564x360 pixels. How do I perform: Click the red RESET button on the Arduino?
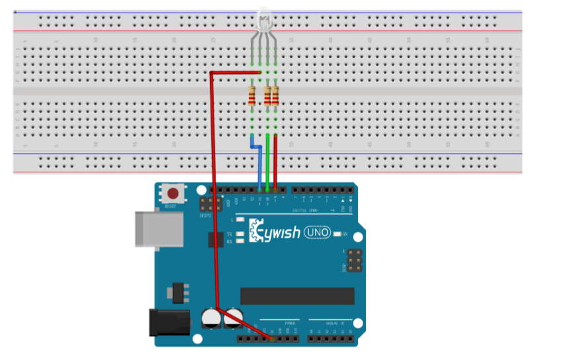pos(172,194)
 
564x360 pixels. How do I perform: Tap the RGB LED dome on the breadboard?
pos(263,18)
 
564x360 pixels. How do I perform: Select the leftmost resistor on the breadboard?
pos(252,96)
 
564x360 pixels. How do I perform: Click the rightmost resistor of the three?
pos(275,96)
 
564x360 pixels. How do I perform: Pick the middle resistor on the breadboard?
pos(267,96)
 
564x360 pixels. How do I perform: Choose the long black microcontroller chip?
pos(297,296)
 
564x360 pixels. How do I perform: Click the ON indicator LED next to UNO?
pos(338,234)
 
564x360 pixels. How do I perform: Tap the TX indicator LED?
pos(240,234)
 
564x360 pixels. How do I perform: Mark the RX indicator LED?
pos(240,240)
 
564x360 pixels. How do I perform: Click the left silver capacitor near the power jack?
pos(211,319)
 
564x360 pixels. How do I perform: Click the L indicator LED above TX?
pos(240,219)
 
